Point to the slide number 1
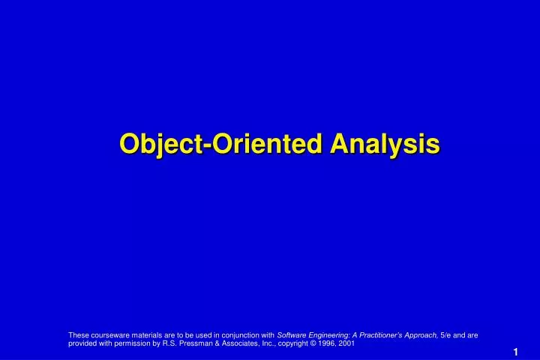[516, 352]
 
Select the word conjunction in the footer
[238, 335]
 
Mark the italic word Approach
[424, 335]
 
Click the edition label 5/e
[447, 335]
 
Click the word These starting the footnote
[78, 335]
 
